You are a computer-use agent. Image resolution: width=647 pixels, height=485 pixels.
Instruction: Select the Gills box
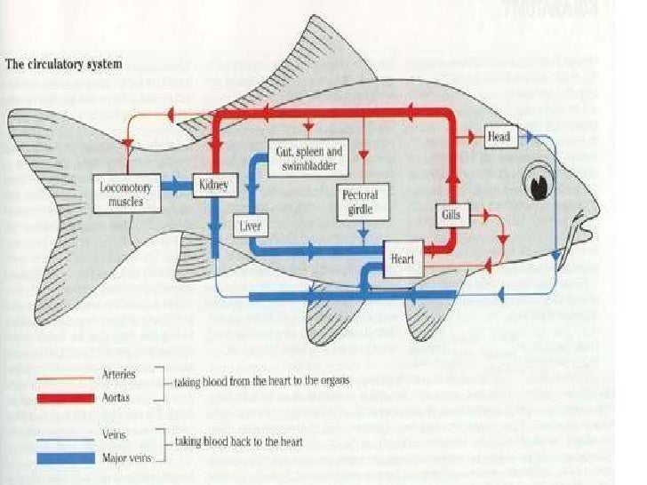click(x=449, y=214)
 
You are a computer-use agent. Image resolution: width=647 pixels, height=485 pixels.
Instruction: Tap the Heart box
click(x=402, y=259)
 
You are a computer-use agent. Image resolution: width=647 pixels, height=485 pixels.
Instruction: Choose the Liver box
click(x=250, y=227)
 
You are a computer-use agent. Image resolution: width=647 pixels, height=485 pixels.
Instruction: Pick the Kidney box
click(x=214, y=186)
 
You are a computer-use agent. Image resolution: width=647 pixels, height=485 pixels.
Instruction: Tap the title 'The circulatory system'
click(x=64, y=65)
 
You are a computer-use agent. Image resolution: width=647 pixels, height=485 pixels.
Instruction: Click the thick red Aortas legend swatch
click(x=65, y=398)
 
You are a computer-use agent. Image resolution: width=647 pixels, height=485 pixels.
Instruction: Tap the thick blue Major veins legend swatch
click(x=65, y=458)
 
